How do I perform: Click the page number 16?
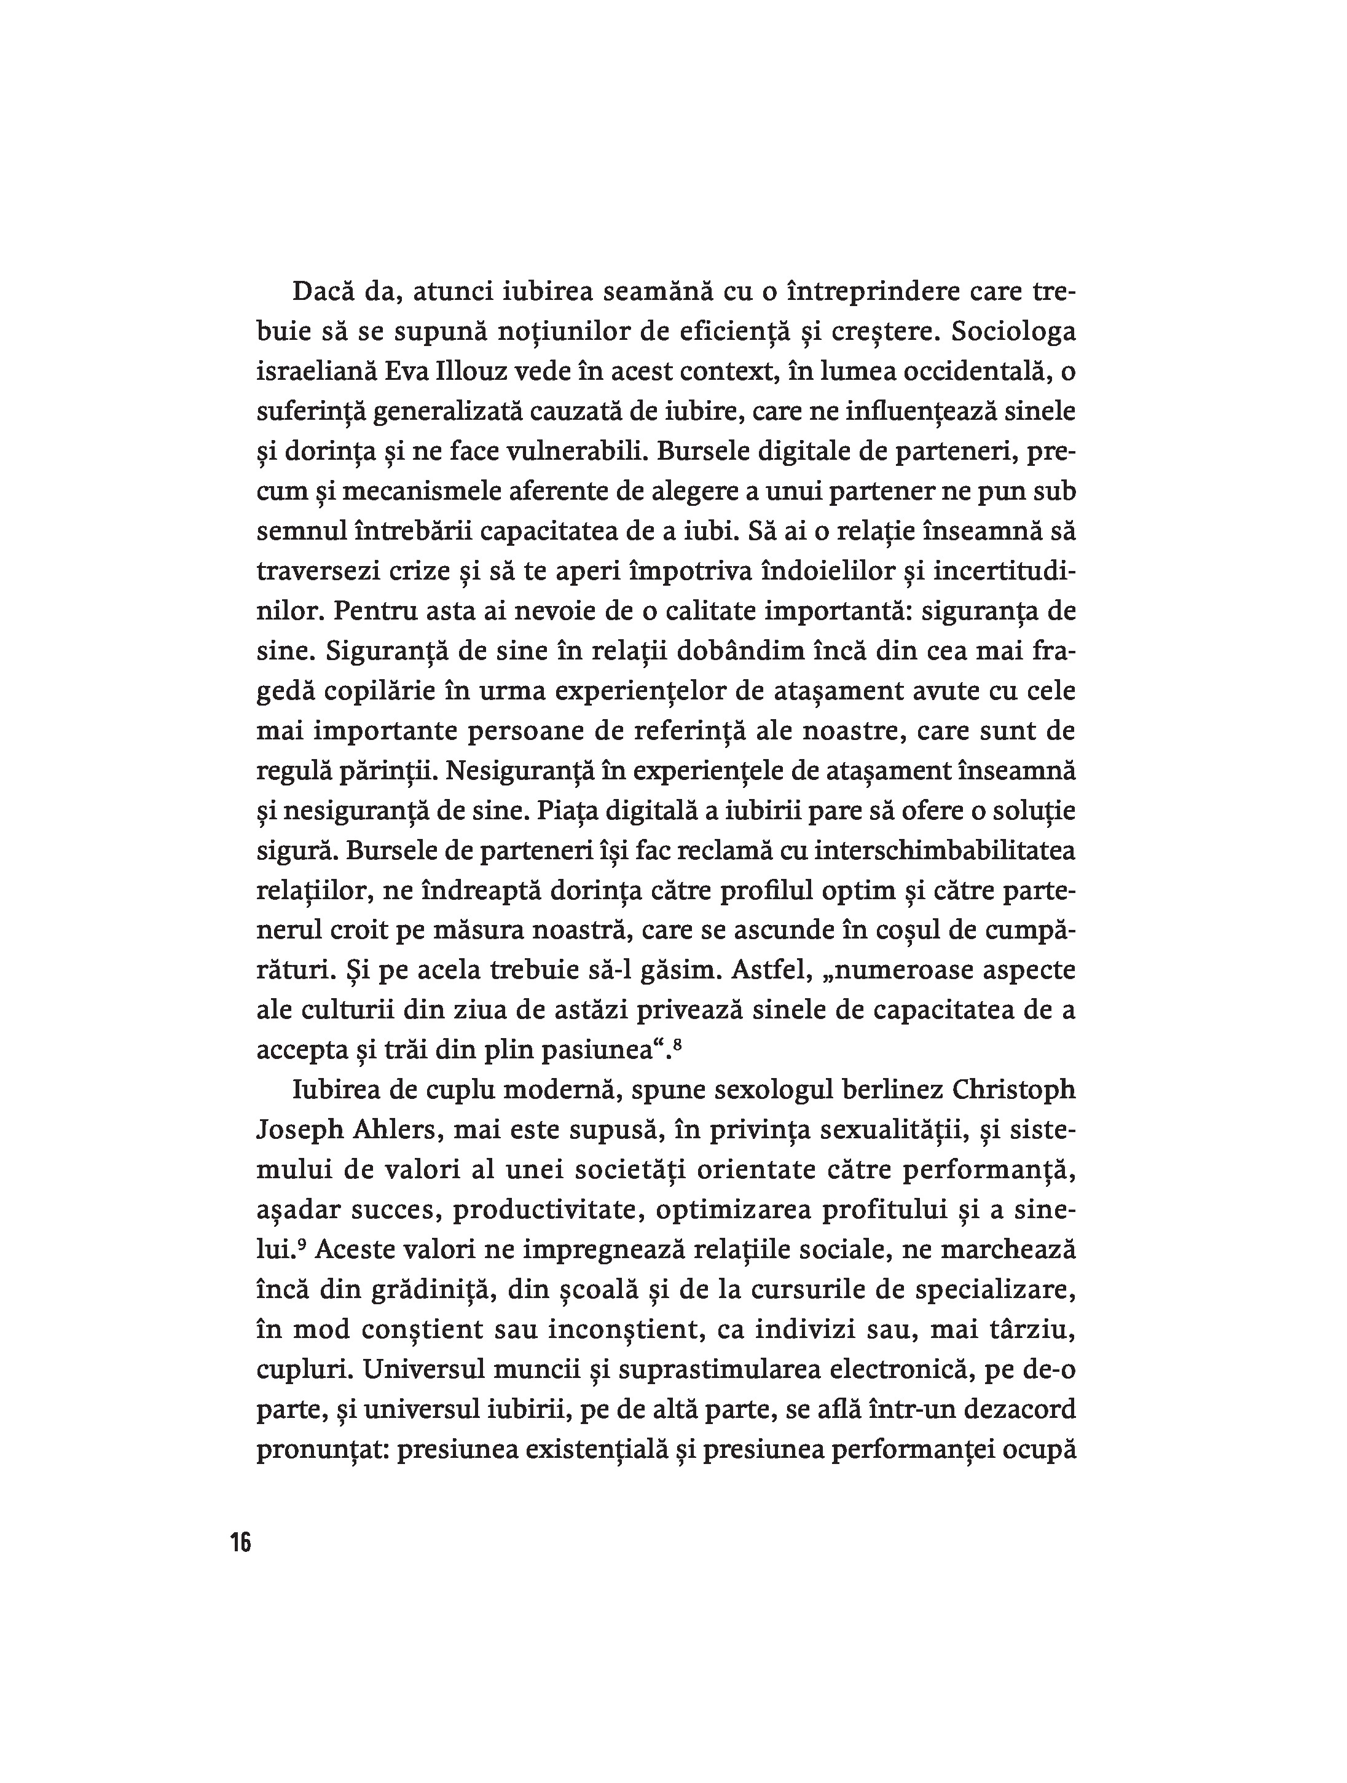tap(240, 1542)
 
